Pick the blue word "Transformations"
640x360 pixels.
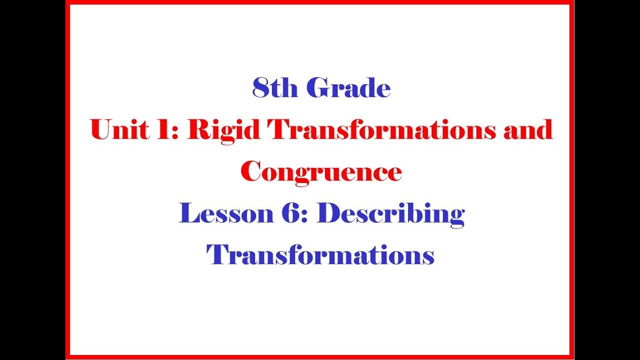pyautogui.click(x=320, y=255)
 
